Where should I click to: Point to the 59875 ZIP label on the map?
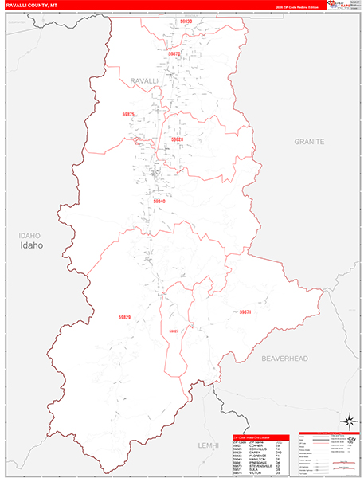[x=129, y=115]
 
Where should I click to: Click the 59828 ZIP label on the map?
[x=177, y=139]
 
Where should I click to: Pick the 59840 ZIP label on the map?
[x=159, y=202]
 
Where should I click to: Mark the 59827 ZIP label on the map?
[x=174, y=331]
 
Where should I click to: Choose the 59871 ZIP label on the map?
[x=245, y=312]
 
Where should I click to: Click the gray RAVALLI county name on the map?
[x=145, y=81]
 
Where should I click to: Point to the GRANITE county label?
[x=310, y=141]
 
